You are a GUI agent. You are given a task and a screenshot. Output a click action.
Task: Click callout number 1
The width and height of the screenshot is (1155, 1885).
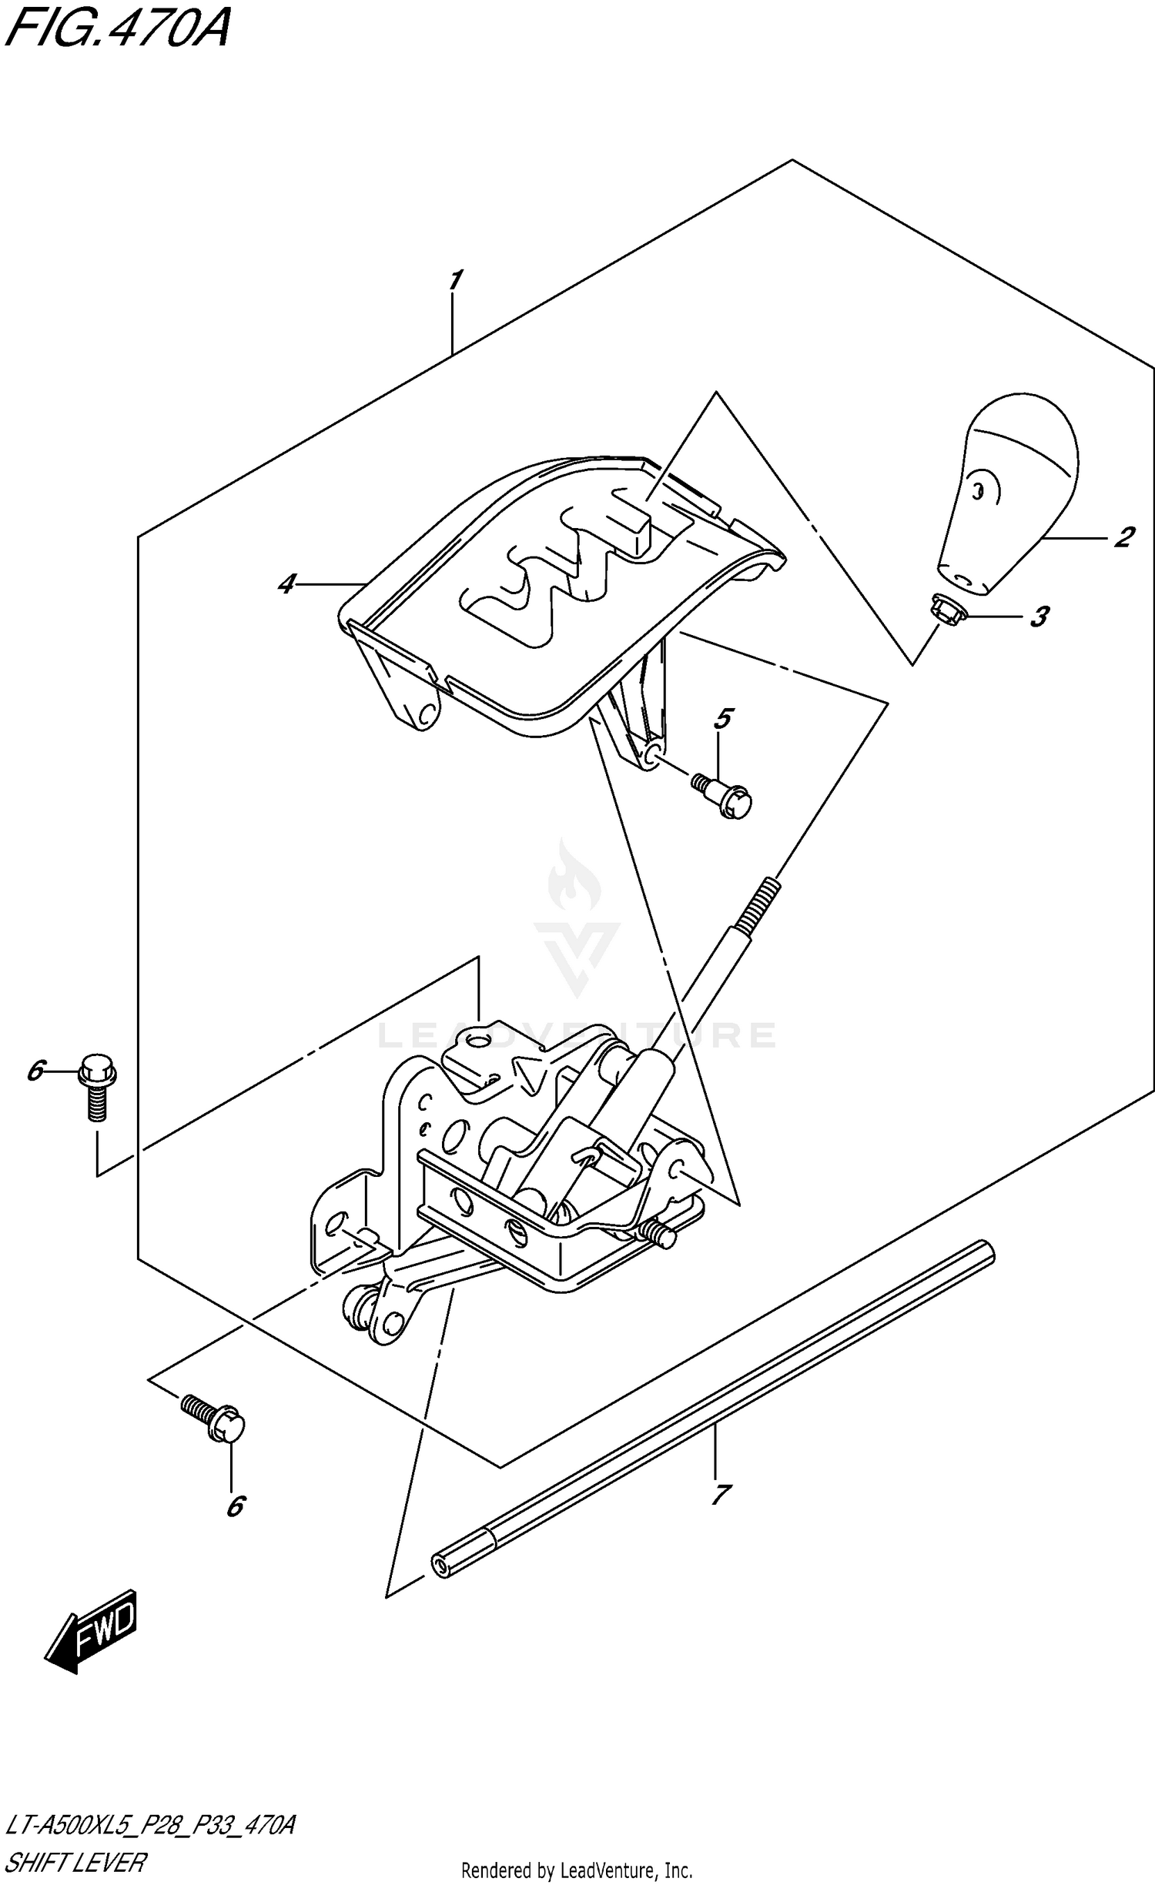point(455,280)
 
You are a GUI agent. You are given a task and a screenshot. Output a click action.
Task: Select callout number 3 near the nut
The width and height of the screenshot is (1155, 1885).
point(1039,617)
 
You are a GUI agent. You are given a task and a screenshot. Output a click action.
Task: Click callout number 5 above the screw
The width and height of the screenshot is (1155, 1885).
point(722,719)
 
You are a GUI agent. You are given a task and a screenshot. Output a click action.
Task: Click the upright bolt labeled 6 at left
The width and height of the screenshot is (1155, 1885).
point(96,1088)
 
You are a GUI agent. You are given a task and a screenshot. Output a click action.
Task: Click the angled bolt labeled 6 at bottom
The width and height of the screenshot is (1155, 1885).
point(215,1419)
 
